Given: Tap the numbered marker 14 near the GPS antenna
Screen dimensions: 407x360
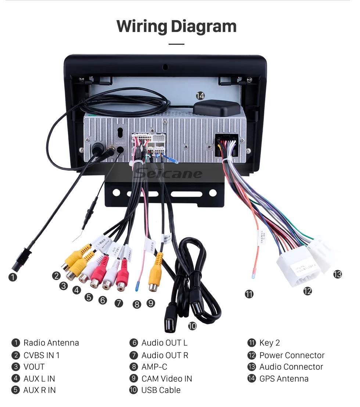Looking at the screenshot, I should point(200,96).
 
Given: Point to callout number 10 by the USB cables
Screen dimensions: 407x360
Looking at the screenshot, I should point(192,326).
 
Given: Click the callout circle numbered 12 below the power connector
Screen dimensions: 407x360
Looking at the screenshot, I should point(307,291).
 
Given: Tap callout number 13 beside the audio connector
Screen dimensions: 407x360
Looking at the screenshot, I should point(337,274).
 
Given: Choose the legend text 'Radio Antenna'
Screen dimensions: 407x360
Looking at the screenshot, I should point(51,343).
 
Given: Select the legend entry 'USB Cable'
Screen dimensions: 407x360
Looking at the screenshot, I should point(161,390).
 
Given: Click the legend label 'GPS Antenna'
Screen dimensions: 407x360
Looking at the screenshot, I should point(284,378).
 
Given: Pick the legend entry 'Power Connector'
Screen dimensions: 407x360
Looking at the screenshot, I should point(292,355).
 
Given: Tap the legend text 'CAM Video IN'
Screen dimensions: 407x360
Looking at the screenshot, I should point(166,378).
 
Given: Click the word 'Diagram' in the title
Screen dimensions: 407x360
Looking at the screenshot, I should point(203,26).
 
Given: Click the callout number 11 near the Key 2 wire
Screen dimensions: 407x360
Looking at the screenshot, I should point(249,294).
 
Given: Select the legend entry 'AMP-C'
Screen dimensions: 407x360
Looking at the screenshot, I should point(154,367).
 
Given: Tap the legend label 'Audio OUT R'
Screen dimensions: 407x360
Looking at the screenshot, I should point(165,355).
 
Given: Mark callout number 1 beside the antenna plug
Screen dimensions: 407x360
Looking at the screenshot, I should point(13,277).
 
